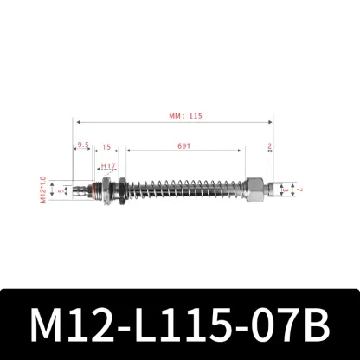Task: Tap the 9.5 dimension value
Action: coord(83,145)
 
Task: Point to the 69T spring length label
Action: coord(183,145)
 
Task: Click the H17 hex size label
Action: coord(107,164)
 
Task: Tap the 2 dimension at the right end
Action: coord(270,145)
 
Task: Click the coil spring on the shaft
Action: coord(186,189)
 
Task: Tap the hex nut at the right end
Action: coord(256,189)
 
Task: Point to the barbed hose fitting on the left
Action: coord(80,190)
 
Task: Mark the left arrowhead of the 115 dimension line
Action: coord(77,122)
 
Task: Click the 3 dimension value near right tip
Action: coord(287,189)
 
